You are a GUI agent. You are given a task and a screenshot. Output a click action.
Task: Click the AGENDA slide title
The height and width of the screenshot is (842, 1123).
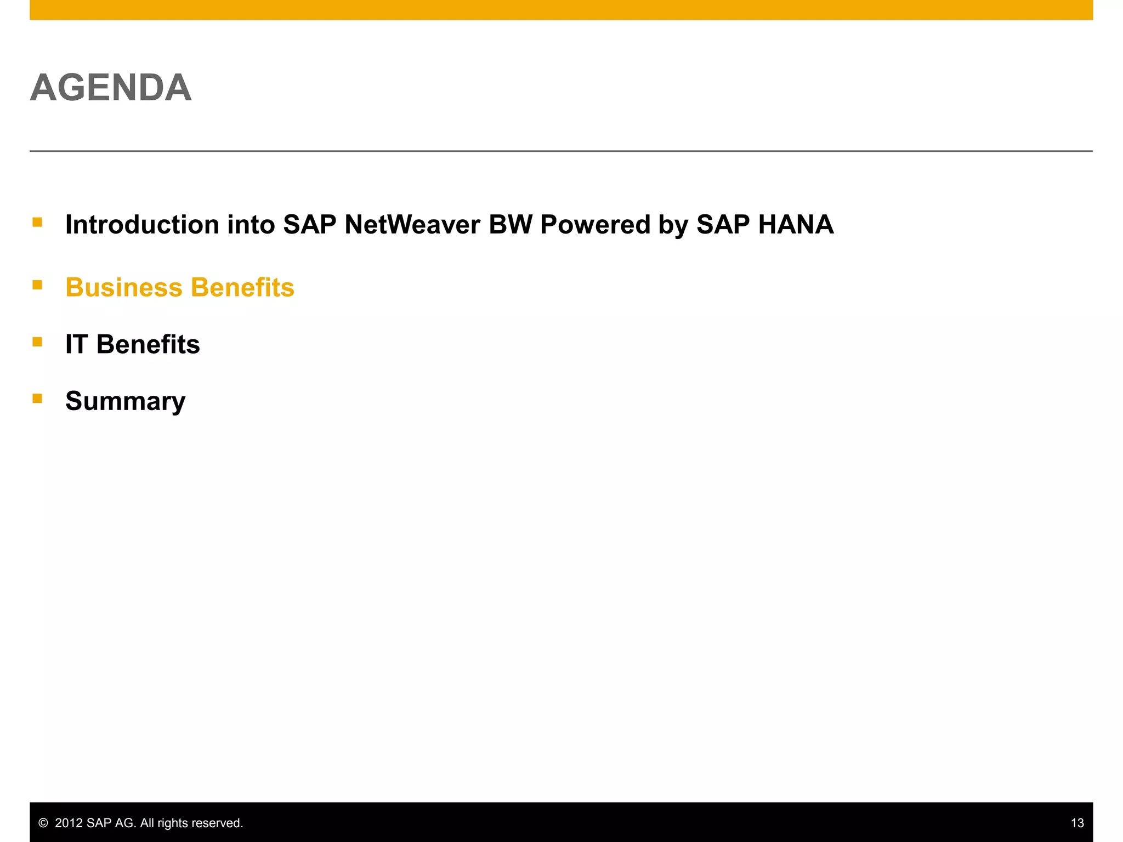coord(111,88)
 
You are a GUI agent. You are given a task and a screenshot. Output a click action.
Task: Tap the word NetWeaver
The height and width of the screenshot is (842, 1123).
coord(412,225)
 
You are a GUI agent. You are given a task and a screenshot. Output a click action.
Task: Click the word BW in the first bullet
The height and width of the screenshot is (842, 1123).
coord(510,225)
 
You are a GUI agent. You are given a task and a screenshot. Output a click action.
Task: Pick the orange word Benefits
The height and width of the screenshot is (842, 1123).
coord(242,288)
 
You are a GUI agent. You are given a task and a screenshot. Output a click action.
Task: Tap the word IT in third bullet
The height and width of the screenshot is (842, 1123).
coord(76,345)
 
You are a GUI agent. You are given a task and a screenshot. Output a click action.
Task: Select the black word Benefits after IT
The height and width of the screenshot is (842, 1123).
coord(148,345)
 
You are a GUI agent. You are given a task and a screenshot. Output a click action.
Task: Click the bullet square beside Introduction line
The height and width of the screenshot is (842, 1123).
coord(37,222)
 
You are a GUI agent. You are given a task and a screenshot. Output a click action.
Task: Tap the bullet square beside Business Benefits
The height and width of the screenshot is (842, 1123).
coord(37,285)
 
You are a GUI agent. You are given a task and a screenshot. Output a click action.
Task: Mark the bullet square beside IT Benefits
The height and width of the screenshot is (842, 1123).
coord(37,342)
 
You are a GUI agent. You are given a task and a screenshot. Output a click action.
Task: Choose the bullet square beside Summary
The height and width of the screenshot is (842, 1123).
coord(37,399)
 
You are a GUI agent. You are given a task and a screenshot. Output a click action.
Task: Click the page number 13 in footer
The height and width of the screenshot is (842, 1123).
coord(1077,823)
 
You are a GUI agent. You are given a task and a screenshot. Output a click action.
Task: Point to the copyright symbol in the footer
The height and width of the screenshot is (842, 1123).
coord(43,823)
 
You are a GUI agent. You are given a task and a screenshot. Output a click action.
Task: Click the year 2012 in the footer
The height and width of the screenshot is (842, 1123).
coord(69,823)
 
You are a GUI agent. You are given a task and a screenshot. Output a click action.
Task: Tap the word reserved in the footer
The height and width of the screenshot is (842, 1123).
coord(218,823)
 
